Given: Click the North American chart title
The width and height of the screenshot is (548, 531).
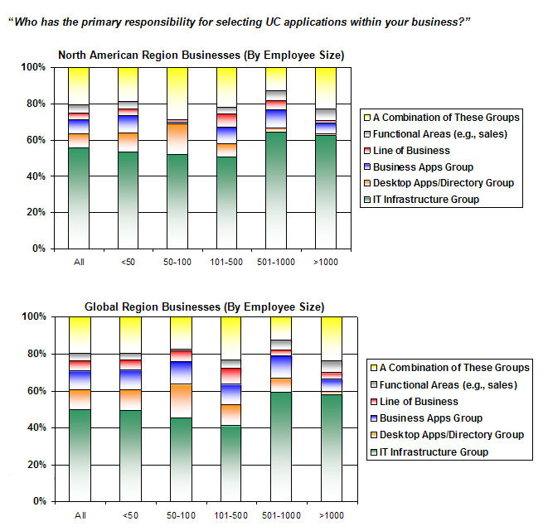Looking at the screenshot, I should point(201,56).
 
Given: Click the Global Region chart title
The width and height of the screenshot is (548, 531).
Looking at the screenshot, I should point(205,307).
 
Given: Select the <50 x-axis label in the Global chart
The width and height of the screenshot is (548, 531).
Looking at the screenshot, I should point(129,514).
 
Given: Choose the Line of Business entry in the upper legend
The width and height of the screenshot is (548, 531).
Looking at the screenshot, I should point(411,150).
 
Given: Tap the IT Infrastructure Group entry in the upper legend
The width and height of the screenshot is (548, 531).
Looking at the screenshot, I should point(425,199).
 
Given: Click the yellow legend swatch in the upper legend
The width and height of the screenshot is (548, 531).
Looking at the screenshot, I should point(366,118).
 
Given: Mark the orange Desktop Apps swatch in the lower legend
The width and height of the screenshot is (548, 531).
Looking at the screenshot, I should point(374,435).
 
